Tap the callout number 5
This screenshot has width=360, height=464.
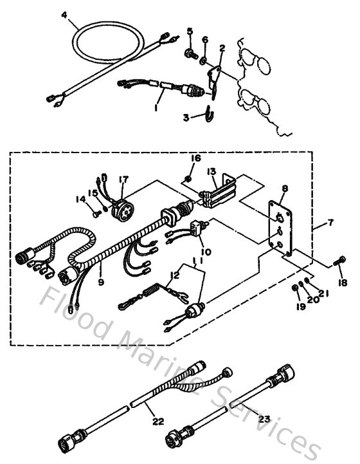click(x=190, y=31)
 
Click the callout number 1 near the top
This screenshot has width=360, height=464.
click(x=156, y=109)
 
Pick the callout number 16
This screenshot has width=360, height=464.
click(x=195, y=157)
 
